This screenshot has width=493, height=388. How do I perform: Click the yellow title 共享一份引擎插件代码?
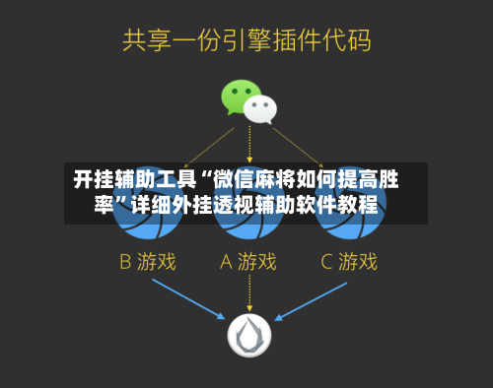tap(246, 40)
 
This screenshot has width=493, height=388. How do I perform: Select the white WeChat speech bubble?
tap(260, 109)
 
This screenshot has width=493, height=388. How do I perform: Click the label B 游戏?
tap(148, 262)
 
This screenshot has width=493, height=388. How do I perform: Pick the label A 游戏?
tap(248, 262)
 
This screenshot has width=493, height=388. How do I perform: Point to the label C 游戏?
tap(349, 262)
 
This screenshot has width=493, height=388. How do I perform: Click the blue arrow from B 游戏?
tap(188, 299)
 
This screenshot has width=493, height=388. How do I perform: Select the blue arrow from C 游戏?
tap(311, 301)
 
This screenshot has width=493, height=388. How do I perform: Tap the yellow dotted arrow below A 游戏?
tap(249, 293)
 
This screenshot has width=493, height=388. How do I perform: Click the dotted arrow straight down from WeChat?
tap(249, 144)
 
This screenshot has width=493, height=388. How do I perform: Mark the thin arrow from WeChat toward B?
tap(209, 148)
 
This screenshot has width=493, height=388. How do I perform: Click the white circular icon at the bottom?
tap(249, 335)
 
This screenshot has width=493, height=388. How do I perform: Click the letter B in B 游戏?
tap(125, 262)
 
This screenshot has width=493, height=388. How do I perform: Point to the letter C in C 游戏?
tap(326, 262)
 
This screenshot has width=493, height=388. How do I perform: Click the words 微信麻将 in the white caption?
tap(254, 179)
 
